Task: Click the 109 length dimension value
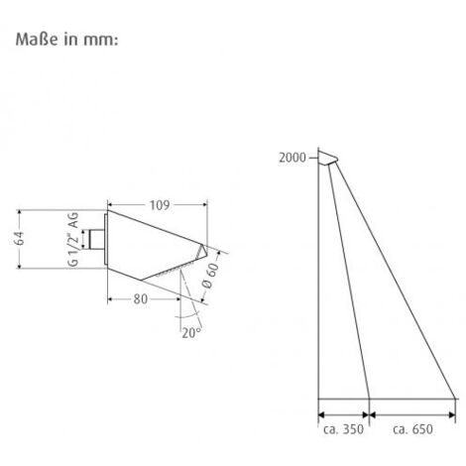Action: (x=159, y=204)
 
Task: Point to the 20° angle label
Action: (x=190, y=333)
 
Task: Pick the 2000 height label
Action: (x=291, y=158)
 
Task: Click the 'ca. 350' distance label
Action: (x=342, y=429)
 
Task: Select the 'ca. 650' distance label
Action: (x=411, y=429)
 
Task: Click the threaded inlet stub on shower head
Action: (x=95, y=239)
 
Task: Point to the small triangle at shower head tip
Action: (x=202, y=251)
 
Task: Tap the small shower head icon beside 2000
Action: (x=327, y=157)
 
